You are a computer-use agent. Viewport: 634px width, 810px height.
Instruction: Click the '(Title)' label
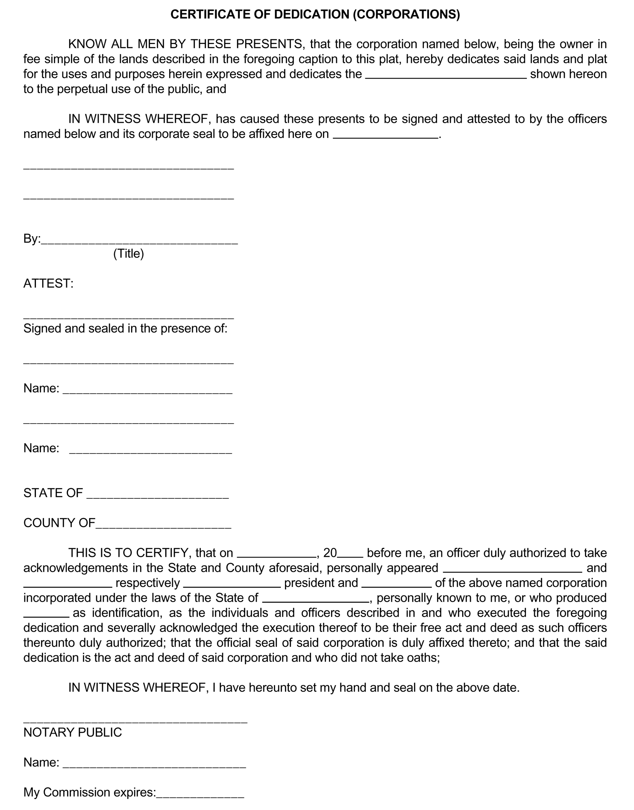(129, 254)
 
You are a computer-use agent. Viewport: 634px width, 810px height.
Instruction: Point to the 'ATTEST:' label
(48, 284)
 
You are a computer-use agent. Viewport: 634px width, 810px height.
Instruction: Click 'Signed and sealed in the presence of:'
(125, 329)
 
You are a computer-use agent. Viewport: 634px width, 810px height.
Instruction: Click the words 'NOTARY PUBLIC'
(73, 733)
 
